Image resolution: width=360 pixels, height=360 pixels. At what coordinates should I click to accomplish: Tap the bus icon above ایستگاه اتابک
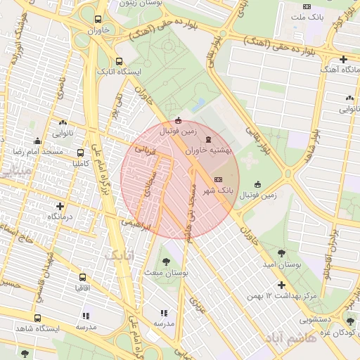119,61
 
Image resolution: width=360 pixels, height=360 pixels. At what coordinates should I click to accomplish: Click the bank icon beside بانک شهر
217,179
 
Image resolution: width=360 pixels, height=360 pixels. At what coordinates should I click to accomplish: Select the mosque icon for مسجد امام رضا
37,141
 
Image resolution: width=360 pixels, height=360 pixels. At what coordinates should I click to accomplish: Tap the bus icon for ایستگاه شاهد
37,317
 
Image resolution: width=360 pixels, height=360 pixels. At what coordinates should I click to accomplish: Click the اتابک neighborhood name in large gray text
118,255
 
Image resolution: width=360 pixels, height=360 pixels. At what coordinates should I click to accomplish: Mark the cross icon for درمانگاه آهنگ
343,59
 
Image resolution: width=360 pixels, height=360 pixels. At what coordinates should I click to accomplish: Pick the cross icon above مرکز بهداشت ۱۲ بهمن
282,285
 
